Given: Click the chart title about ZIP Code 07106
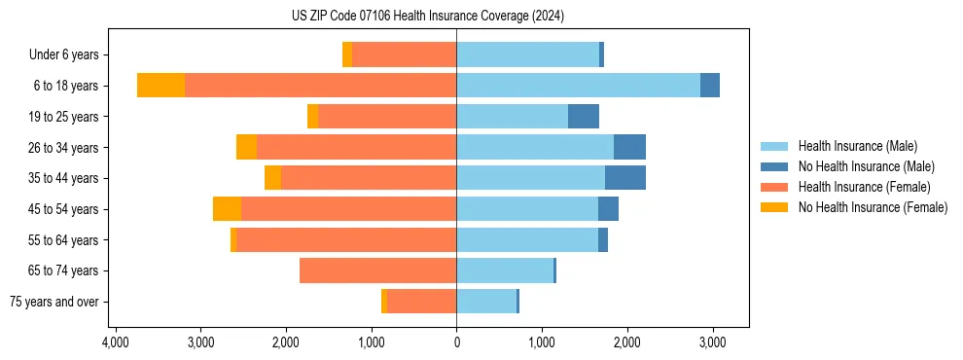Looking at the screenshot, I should coord(428,16).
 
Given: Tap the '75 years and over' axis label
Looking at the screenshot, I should coord(55,302).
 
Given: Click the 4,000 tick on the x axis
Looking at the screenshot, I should coord(116,342).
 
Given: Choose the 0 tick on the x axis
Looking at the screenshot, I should coord(456,342).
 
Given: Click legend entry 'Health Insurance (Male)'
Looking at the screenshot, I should coord(857,146).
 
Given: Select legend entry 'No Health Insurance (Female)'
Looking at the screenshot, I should coord(873,207).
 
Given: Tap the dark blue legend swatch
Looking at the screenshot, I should coord(775,166).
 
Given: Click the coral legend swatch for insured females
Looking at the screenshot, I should coord(775,187).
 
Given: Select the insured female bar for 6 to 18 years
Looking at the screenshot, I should coord(320,86).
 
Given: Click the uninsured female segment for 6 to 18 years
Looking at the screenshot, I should coord(160,86).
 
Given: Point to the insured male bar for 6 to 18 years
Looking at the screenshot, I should coord(578,86).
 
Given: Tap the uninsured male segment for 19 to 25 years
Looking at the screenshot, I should coord(584,117).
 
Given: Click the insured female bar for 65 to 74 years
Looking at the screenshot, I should coord(377,270).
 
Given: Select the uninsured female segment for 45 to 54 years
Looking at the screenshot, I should coord(227,209).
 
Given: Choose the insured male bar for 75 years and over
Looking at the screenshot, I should coord(486,302).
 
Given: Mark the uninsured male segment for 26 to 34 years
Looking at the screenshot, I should coord(629,147).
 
